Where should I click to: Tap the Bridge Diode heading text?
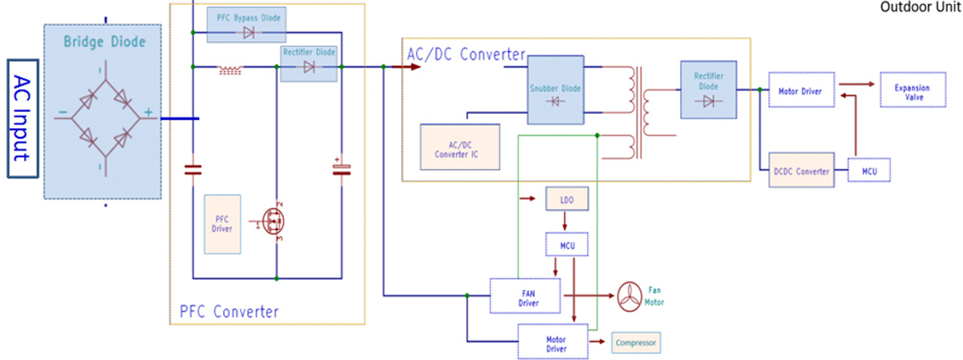(104, 41)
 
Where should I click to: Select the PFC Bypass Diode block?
(246, 25)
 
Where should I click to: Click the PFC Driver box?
(222, 224)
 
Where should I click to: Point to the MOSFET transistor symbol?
(273, 221)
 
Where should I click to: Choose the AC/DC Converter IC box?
(460, 146)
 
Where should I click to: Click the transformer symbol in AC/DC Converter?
(639, 112)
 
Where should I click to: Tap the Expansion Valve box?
(912, 92)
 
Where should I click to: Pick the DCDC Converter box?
(802, 171)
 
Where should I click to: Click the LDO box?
(566, 199)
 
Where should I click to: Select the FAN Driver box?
(525, 296)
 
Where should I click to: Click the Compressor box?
(636, 343)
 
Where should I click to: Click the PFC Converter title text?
(229, 311)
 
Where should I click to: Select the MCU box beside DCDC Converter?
(869, 171)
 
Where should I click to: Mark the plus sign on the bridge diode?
(148, 112)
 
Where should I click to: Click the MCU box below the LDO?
(566, 244)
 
